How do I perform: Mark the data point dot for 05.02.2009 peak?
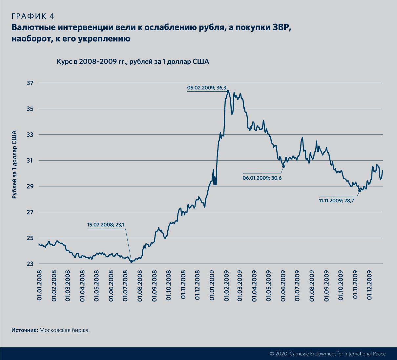tap(228, 92)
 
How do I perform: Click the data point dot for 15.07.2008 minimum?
tap(131, 261)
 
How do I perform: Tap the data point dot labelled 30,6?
tap(283, 167)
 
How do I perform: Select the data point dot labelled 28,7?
tap(359, 191)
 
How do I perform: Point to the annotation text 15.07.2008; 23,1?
tap(106, 225)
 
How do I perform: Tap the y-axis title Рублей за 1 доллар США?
tap(14, 164)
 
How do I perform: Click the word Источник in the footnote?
tap(25, 330)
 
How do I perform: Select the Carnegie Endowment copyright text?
tap(327, 353)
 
